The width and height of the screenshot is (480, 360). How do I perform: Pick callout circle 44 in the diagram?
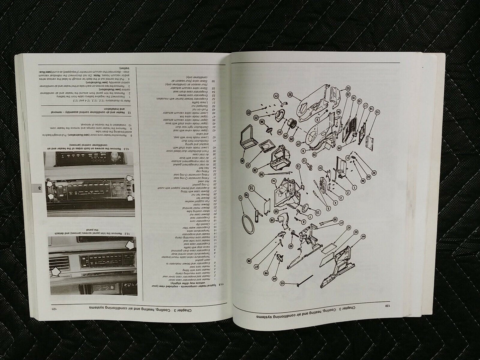coord(363,236)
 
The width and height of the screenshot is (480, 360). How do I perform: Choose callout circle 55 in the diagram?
coord(251,188)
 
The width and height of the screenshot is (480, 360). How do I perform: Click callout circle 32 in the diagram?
coord(373,173)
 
